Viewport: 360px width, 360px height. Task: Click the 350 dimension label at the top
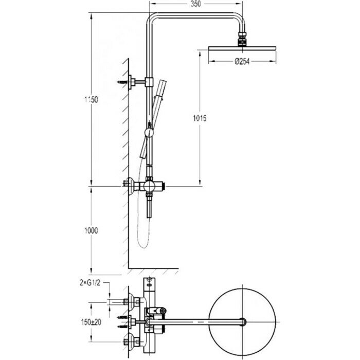pos(194,5)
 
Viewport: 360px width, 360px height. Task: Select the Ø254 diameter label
pos(243,62)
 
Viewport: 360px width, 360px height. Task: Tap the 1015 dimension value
pos(200,118)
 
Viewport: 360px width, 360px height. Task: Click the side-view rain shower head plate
pos(243,48)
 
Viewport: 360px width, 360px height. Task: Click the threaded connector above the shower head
pos(243,39)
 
